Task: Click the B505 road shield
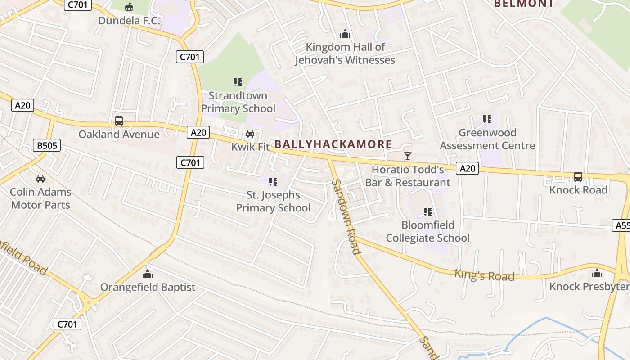pos(47,145)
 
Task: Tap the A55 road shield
pos(621,225)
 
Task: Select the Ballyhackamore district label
pos(333,144)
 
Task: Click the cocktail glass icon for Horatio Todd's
pos(408,156)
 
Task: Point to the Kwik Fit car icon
pos(250,134)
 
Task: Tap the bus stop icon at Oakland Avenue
pos(119,121)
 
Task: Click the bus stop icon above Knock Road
pos(578,176)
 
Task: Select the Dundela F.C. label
pos(129,21)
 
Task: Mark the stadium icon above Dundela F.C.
pos(129,7)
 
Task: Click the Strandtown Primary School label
pos(238,102)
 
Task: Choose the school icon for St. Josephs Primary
pos(273,181)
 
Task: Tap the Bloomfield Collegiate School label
pos(428,231)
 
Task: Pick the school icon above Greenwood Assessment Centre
pos(487,119)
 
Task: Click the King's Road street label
pos(484,275)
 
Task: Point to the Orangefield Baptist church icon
pos(148,274)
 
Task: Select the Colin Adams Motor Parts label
pos(40,198)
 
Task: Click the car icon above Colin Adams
pos(40,179)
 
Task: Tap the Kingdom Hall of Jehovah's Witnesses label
pos(345,54)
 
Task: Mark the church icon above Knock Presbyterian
pos(597,273)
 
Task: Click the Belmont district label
pos(524,4)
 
